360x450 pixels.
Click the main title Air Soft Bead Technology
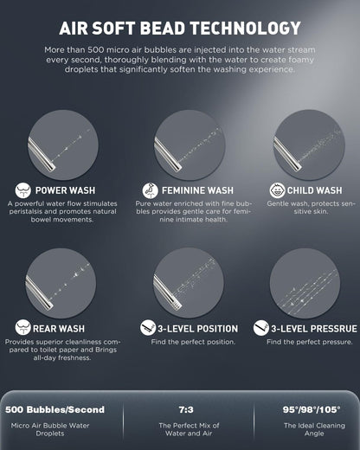[180, 28]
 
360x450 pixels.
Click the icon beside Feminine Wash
[150, 190]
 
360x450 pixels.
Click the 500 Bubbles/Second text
[55, 409]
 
